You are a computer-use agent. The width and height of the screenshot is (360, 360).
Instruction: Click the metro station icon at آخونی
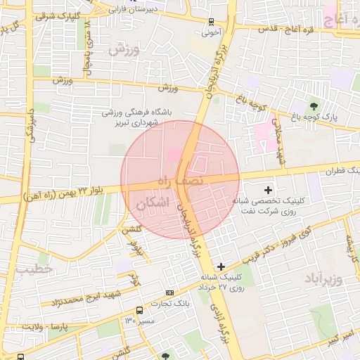pos(212,22)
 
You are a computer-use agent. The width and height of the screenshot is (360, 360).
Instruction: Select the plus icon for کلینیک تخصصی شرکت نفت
pos(268,190)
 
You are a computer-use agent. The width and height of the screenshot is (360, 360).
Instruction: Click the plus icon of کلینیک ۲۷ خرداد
pos(221,266)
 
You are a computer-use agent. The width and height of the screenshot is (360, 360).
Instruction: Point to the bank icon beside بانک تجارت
pos(169,292)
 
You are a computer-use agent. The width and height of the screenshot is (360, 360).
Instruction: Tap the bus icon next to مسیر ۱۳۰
pos(140,309)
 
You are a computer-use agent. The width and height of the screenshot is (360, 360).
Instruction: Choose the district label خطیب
pos(34,270)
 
